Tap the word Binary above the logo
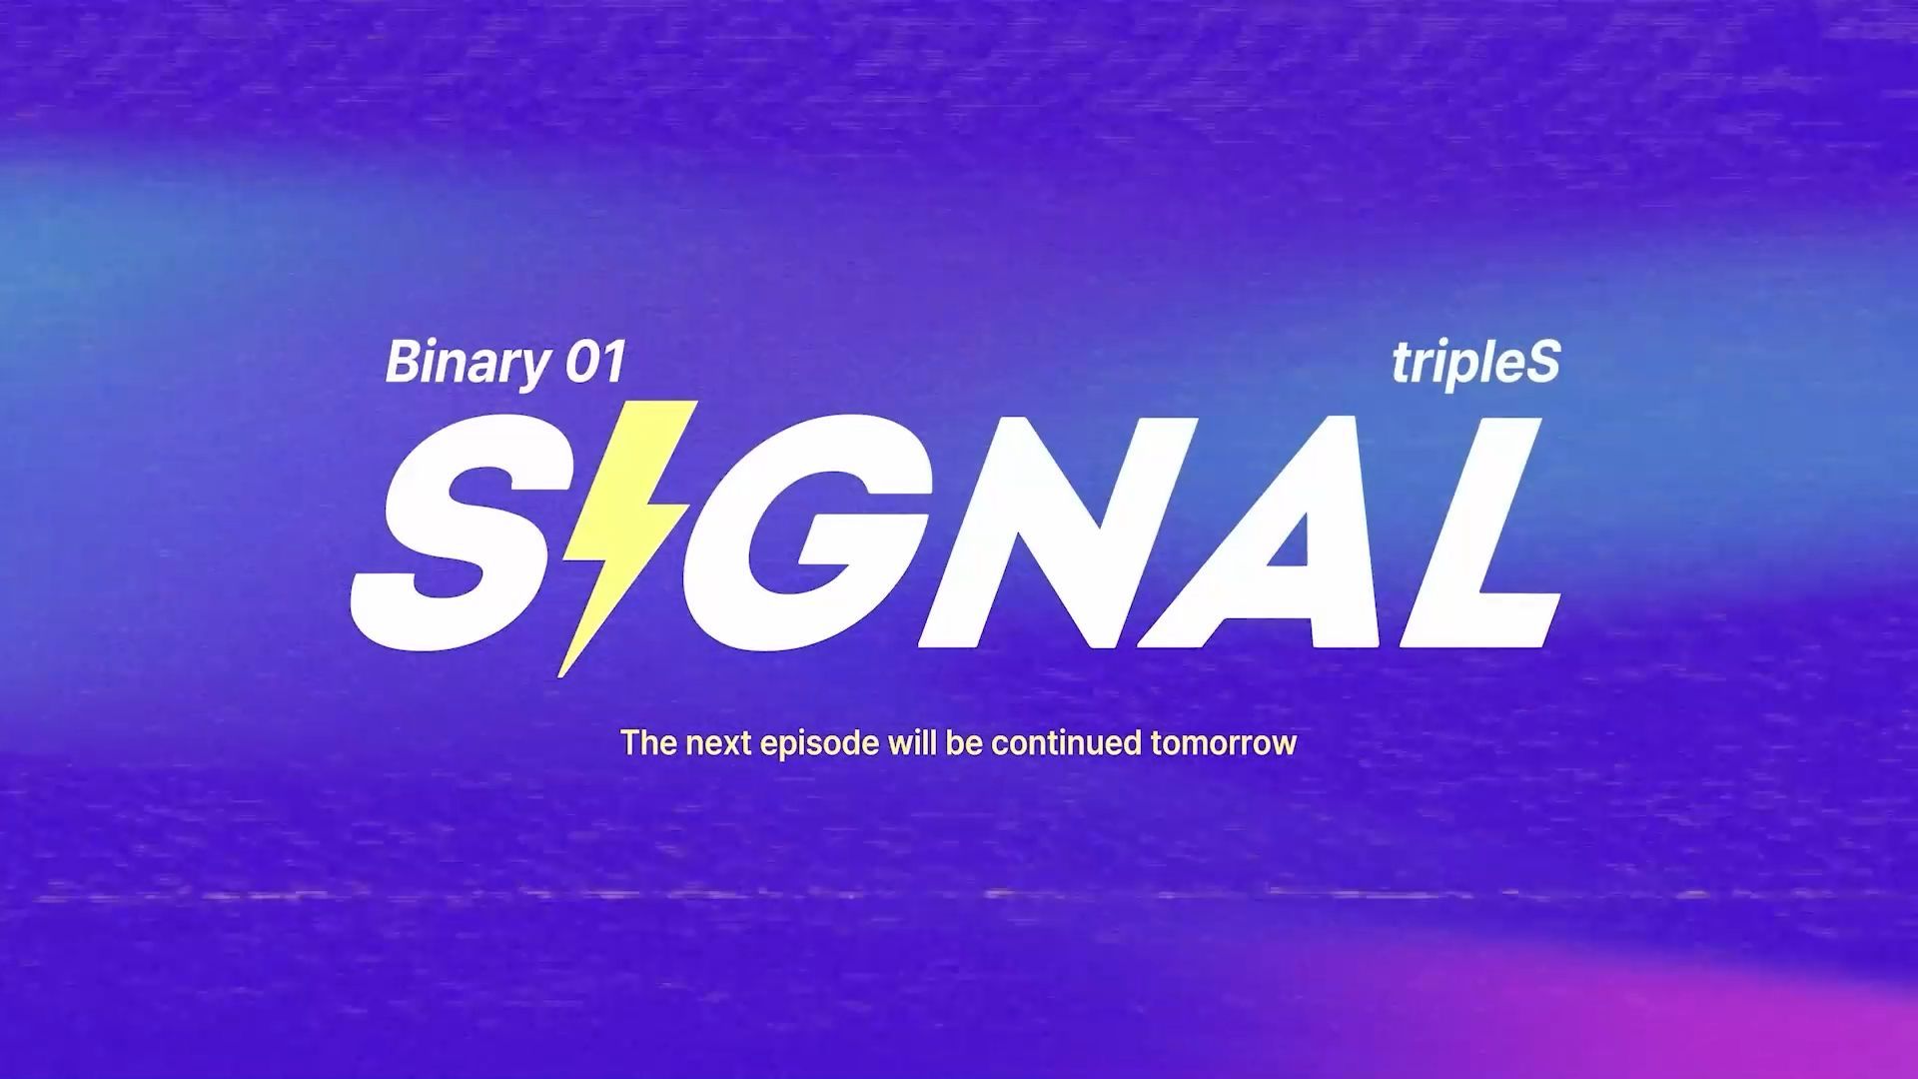click(467, 363)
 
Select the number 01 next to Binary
click(595, 363)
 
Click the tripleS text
click(1475, 364)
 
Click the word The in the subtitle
click(649, 743)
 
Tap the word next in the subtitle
click(719, 744)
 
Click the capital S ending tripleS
click(1543, 363)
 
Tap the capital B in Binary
click(402, 363)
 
